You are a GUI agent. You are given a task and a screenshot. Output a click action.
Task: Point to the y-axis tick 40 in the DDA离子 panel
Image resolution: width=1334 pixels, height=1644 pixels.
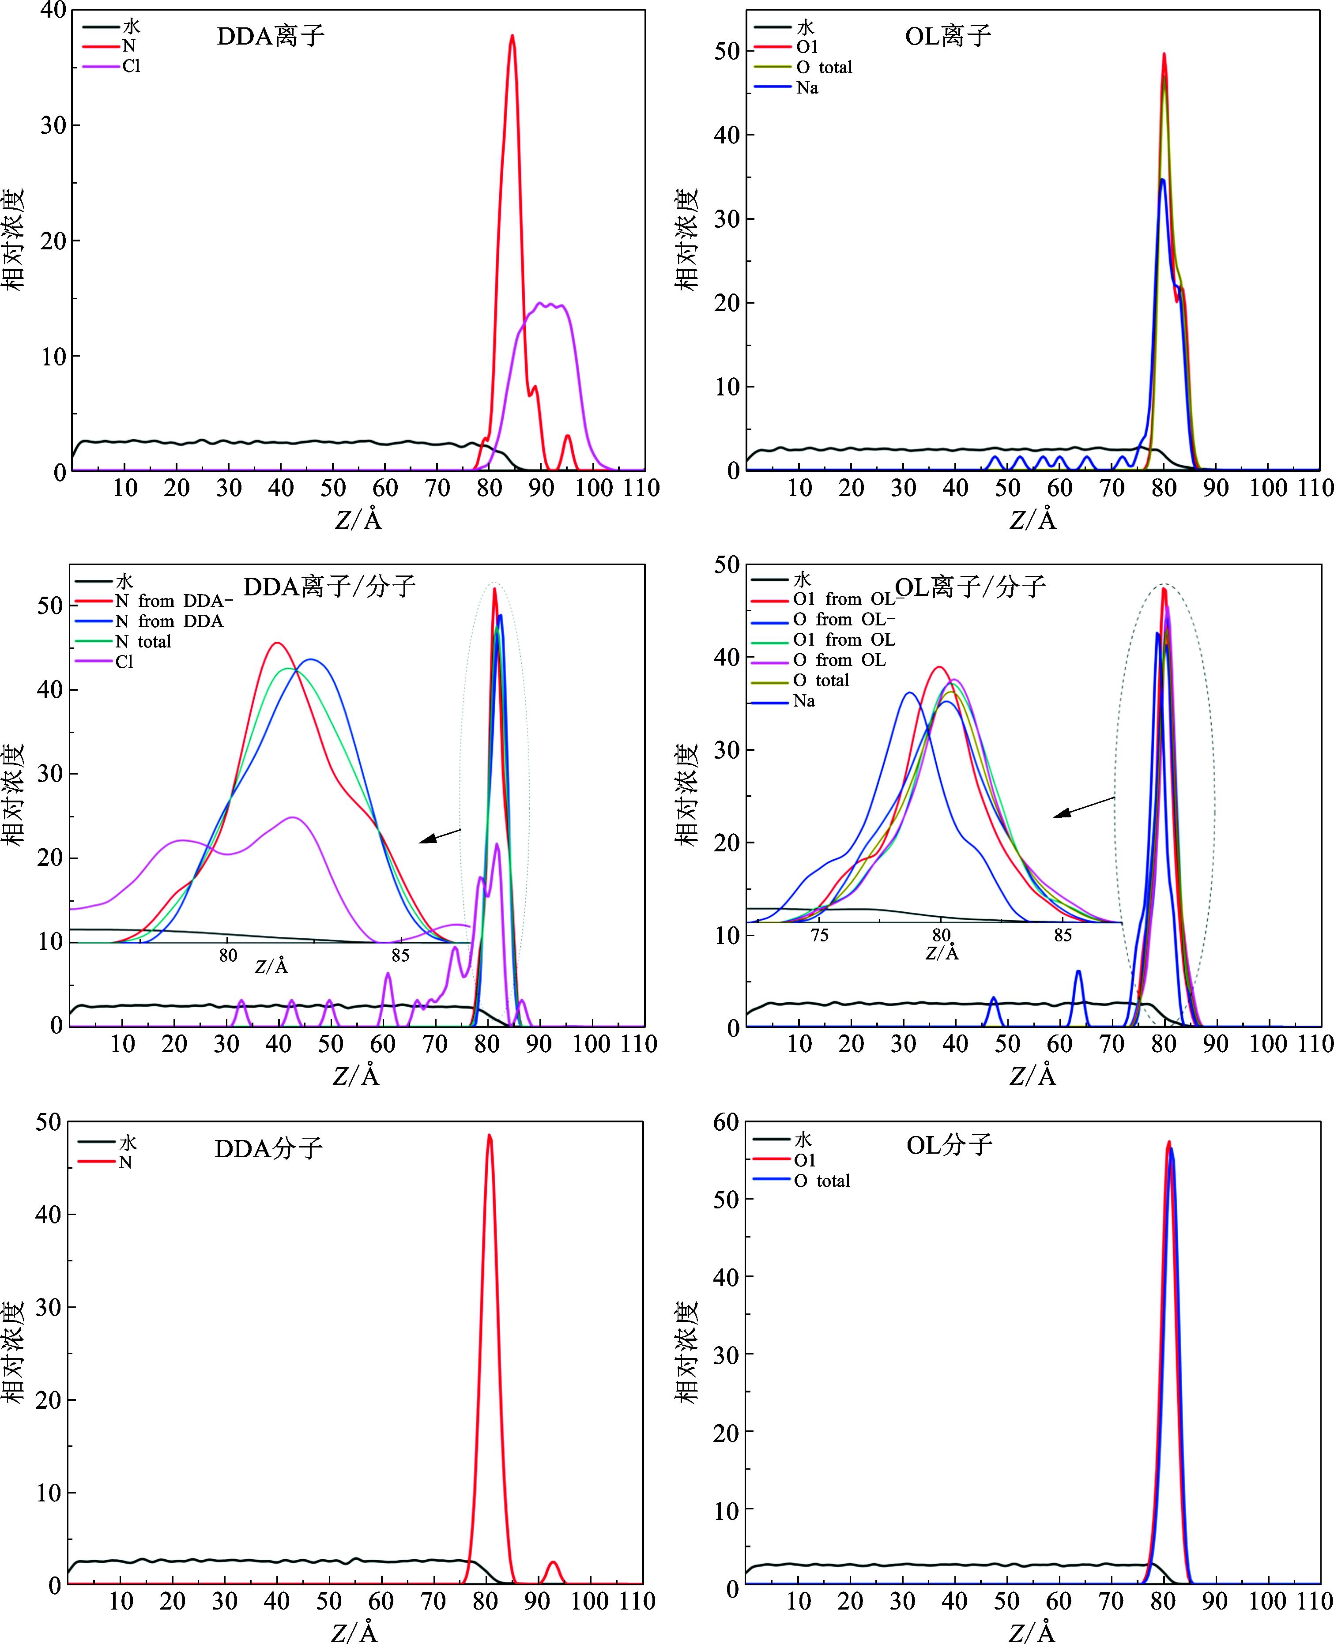[52, 11]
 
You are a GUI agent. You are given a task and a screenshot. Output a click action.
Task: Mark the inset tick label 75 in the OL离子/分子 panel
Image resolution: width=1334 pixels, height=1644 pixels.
[819, 935]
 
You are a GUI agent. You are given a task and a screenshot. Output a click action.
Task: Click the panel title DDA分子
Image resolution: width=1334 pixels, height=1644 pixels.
[268, 1148]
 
